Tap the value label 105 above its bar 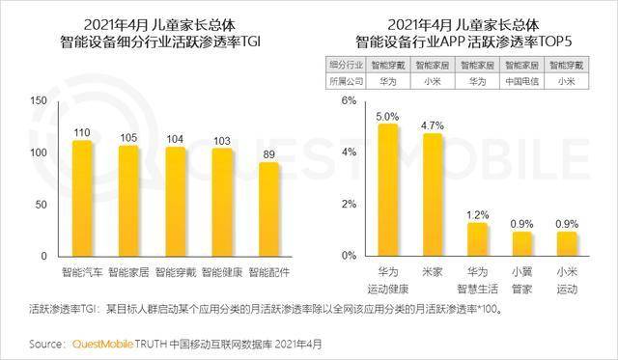click(x=129, y=136)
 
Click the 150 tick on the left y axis click(x=38, y=100)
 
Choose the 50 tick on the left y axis click(x=41, y=205)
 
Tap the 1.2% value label click(x=478, y=213)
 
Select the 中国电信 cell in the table click(x=522, y=81)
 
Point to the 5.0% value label click(x=387, y=116)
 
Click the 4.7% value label click(x=433, y=125)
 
